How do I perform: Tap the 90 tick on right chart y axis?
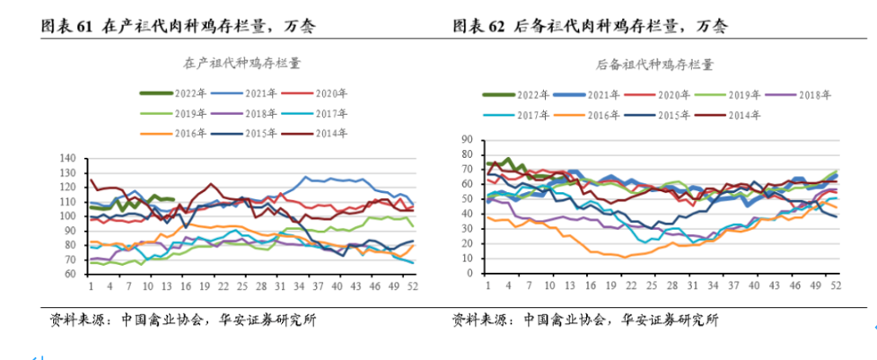coord(467,140)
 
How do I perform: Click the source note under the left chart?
coord(183,320)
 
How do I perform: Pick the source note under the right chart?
coord(585,320)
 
